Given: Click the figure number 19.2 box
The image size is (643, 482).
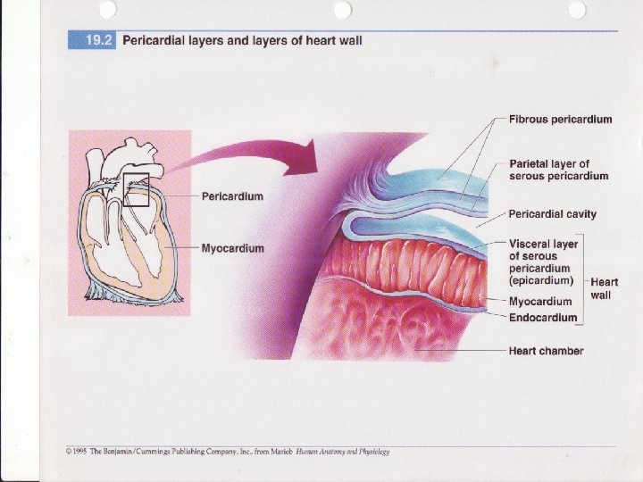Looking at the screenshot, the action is click(92, 41).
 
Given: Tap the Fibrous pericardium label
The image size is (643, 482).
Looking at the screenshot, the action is click(560, 120).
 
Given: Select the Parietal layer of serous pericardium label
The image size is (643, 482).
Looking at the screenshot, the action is click(558, 170).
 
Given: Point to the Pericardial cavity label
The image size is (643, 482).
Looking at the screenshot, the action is click(552, 214).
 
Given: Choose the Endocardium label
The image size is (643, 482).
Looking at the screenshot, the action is click(542, 317).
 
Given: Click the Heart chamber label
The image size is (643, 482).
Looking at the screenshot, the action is click(546, 351).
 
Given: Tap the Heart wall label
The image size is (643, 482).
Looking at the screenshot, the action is click(605, 288).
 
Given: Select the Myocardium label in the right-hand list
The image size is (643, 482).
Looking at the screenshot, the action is click(540, 302).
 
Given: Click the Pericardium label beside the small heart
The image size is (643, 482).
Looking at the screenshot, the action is click(232, 195).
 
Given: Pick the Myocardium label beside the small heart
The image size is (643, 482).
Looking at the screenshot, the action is click(232, 248).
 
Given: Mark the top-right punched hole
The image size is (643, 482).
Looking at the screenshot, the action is click(576, 9).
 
